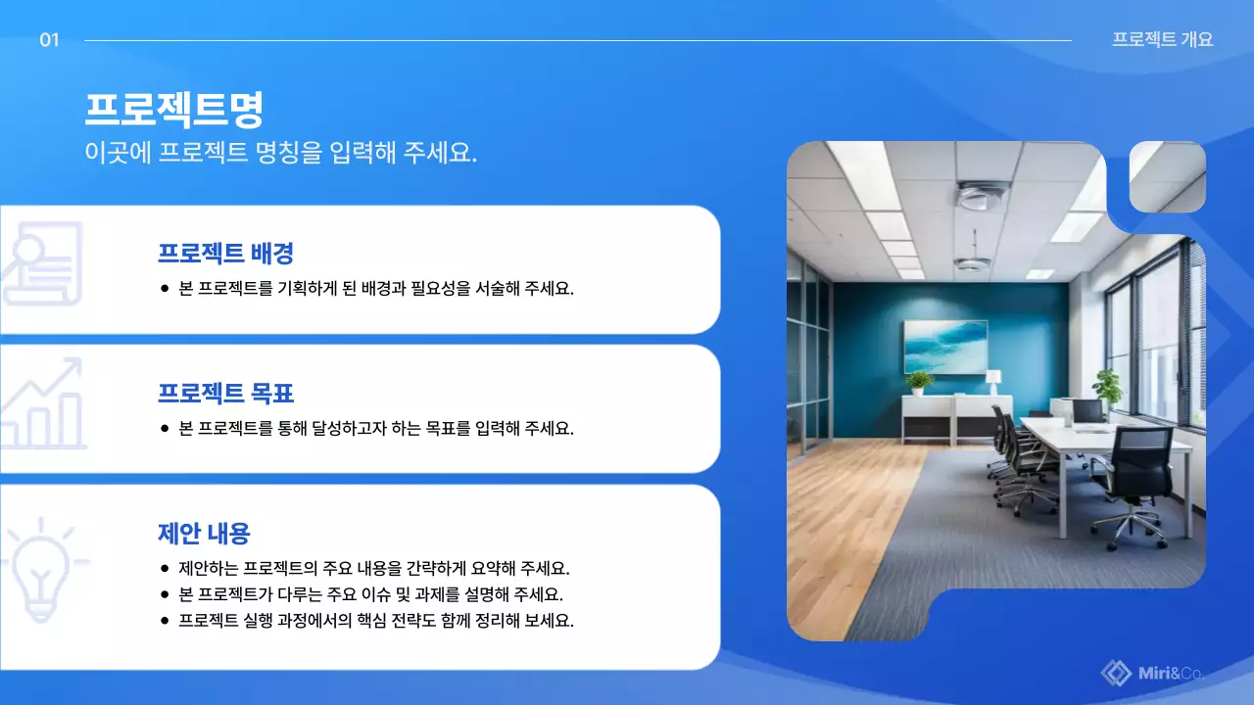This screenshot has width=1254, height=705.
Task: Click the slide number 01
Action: click(x=50, y=40)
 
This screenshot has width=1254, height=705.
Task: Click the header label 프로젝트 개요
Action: click(x=1162, y=40)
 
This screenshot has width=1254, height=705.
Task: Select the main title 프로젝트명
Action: click(x=174, y=109)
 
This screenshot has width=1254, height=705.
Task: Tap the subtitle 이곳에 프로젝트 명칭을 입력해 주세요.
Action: click(x=280, y=153)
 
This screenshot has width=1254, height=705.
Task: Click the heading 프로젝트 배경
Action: click(x=225, y=254)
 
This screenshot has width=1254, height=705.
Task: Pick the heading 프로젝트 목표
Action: click(x=225, y=394)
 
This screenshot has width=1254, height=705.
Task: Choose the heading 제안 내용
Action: click(x=204, y=534)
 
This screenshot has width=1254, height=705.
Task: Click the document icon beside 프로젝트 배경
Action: click(x=41, y=262)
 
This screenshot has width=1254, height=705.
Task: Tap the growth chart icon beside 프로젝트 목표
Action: click(x=43, y=403)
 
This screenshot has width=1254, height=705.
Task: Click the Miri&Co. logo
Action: click(x=1152, y=673)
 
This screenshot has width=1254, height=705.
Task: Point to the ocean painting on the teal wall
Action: click(x=944, y=346)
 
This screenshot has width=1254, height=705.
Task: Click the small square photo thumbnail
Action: click(x=1167, y=177)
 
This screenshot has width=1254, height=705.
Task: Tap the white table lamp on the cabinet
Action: click(x=993, y=380)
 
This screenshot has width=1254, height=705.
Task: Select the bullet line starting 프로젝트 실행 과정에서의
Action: click(x=375, y=621)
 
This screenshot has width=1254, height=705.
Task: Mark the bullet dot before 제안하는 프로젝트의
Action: click(x=165, y=569)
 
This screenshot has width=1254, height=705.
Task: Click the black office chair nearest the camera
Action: click(x=1135, y=480)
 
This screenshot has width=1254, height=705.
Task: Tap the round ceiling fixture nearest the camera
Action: click(x=981, y=196)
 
